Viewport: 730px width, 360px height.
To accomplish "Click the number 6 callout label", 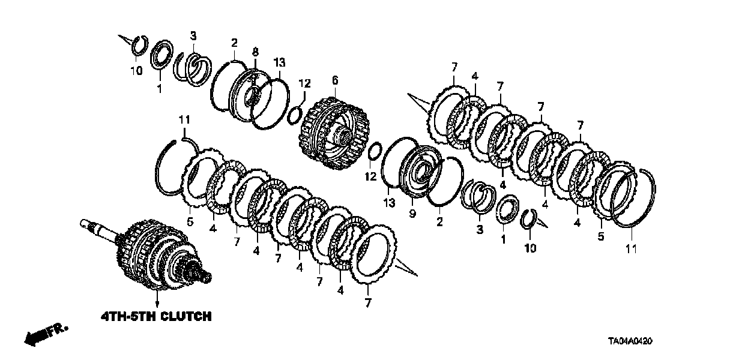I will tap(335, 79).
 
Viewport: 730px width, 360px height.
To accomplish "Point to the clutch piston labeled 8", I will tap(250, 95).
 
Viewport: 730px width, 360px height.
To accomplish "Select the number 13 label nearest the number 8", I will tap(279, 63).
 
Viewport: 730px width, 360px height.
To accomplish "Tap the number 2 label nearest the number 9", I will tap(441, 223).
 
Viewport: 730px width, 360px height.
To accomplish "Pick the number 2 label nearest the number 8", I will tap(234, 43).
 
